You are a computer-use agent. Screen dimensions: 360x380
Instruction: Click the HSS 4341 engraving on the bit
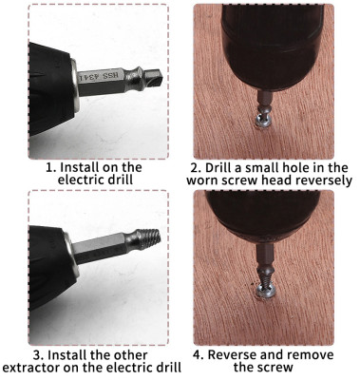[x=99, y=76]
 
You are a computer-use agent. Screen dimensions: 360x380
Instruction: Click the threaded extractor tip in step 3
[x=149, y=239]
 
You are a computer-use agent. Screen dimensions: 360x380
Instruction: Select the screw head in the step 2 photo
[x=262, y=121]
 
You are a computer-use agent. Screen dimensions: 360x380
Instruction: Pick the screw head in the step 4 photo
[x=264, y=291]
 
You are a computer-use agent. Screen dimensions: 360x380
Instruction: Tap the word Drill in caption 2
[x=218, y=167]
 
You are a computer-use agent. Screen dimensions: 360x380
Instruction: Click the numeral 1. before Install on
[x=51, y=167]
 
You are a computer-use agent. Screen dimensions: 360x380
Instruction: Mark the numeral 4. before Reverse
[x=199, y=355]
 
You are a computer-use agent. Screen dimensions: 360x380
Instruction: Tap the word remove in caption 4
[x=313, y=355]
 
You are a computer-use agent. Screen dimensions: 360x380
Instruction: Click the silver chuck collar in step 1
[x=76, y=85]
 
